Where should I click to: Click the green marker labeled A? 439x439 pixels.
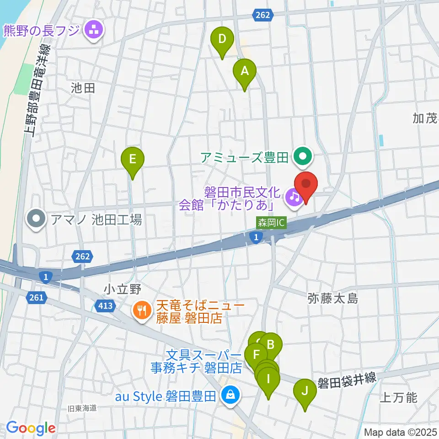pos(245,71)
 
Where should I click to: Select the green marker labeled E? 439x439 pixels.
pos(133,160)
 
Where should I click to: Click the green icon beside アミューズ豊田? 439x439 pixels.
pos(303,157)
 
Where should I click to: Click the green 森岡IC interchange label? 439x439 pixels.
pos(271,223)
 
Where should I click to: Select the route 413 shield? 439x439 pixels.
pos(105,305)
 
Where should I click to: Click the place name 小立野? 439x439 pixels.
pos(121,289)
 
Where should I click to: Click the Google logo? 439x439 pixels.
pos(31,428)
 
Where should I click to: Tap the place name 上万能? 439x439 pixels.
pos(398,397)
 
